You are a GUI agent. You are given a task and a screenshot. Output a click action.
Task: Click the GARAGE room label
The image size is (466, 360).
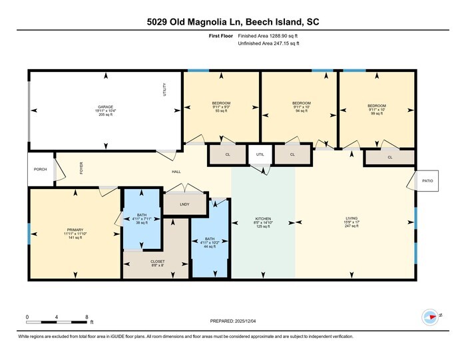(105, 107)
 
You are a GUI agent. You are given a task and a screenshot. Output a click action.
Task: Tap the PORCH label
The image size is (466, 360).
(41, 170)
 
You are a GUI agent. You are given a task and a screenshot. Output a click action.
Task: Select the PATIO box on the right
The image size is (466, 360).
(426, 180)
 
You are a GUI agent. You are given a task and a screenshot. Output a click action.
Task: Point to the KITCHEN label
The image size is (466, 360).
(263, 219)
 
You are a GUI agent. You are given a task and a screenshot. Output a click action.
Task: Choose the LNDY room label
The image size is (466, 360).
(184, 204)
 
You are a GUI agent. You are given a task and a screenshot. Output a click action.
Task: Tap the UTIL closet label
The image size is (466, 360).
(260, 154)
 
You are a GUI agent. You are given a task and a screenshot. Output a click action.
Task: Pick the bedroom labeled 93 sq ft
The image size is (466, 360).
(221, 103)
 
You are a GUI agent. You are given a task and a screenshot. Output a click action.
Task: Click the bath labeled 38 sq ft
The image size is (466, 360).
(141, 215)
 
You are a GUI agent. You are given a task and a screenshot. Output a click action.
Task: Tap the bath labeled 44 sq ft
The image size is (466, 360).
(209, 238)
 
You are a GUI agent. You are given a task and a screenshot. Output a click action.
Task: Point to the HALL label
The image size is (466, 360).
(176, 172)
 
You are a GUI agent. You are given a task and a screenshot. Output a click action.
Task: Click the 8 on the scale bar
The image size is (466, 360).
(87, 317)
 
